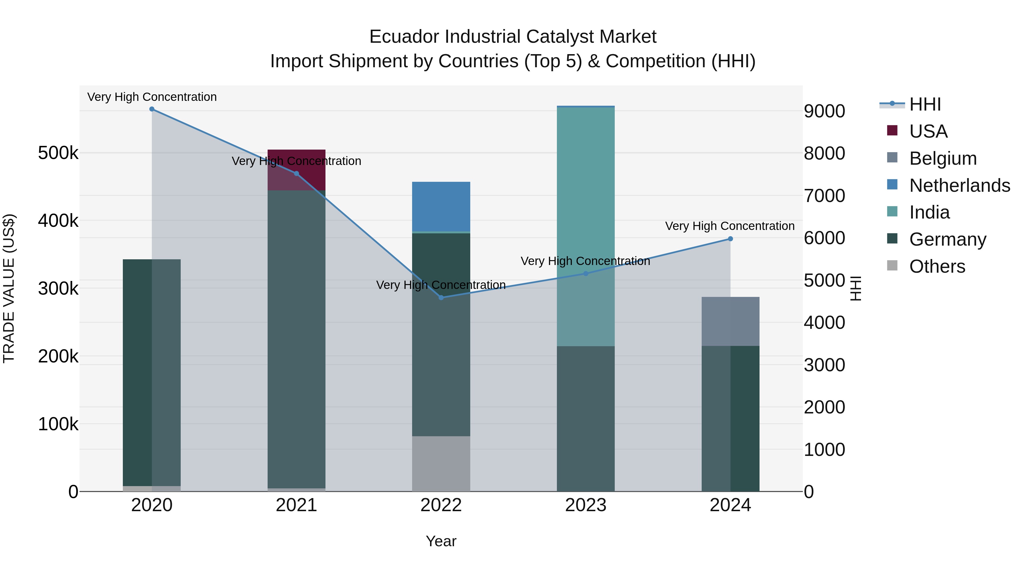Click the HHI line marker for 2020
152,109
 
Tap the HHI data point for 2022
441,297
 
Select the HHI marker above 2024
730,239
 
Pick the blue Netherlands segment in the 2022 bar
441,206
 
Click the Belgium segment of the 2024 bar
730,321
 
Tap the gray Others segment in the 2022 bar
441,464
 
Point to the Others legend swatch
892,266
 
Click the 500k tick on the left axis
58,153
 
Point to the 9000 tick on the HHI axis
824,111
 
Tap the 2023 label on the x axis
585,505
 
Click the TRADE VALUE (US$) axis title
9,288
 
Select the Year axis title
441,541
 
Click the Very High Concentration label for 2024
730,226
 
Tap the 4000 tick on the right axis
824,323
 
